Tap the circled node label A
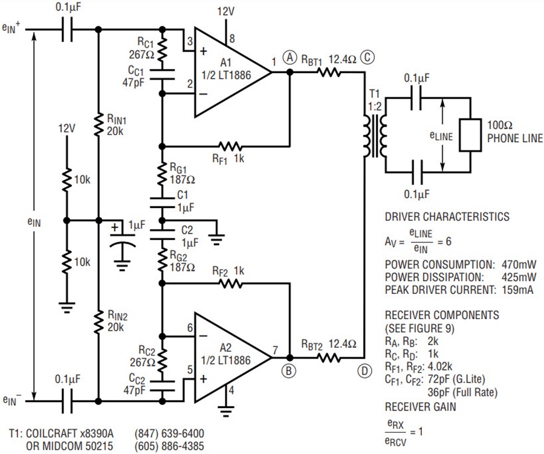[x=290, y=57]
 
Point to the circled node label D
[x=364, y=371]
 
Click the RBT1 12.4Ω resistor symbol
[x=329, y=72]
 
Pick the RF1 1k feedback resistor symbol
[x=230, y=146]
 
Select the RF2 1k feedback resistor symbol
[x=230, y=284]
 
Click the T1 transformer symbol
[x=375, y=136]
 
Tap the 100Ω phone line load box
[x=470, y=135]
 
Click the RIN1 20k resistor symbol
[x=99, y=124]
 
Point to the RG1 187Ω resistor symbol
[x=161, y=174]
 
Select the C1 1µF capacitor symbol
[x=161, y=203]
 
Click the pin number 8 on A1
[x=232, y=39]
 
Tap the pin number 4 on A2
[x=232, y=390]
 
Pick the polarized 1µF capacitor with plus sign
[x=122, y=240]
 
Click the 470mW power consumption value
[x=519, y=265]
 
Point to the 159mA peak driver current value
[x=517, y=290]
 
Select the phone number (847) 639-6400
[x=169, y=433]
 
